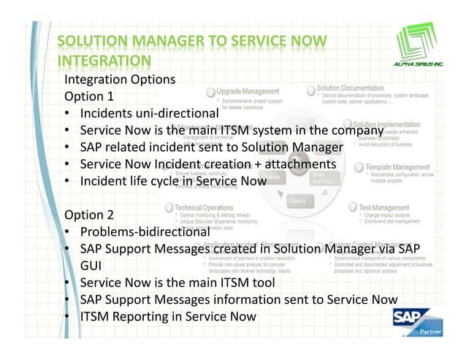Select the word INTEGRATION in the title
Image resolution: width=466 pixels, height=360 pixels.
[x=104, y=60]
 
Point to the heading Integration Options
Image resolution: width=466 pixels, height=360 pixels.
[x=120, y=79]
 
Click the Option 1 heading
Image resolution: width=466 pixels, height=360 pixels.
[x=90, y=96]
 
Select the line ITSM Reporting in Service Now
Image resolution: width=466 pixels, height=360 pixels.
[x=168, y=316]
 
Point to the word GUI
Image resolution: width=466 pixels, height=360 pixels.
[x=91, y=266]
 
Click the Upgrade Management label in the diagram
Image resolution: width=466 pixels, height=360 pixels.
[x=248, y=91]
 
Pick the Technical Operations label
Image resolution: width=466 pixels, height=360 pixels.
[x=204, y=207]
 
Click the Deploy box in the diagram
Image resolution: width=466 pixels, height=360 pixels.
[x=297, y=200]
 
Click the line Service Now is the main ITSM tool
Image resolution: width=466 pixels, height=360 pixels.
[x=177, y=283]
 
